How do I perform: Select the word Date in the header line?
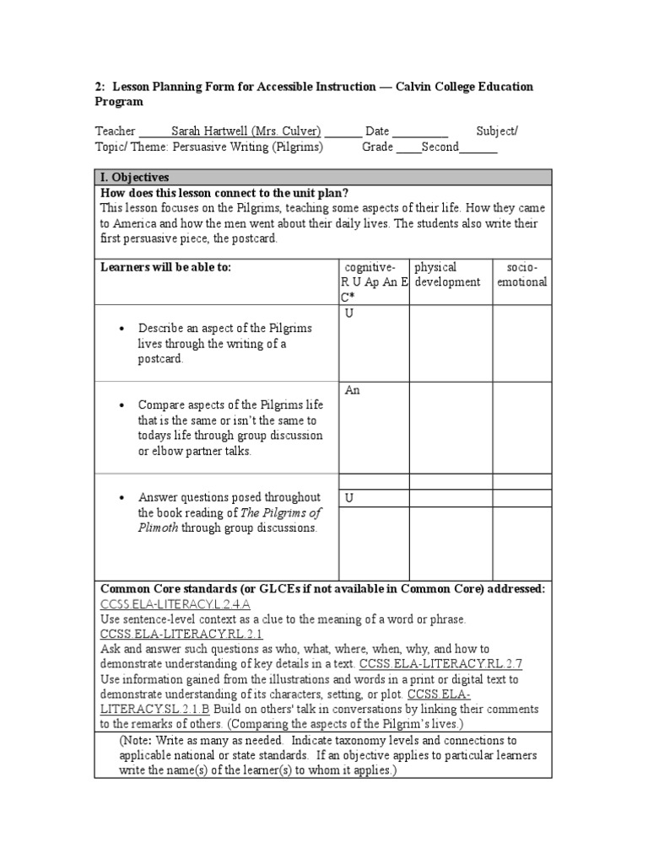point(376,131)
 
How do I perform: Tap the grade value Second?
point(440,147)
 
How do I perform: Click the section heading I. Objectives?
point(134,177)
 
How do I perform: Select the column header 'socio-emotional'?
point(521,275)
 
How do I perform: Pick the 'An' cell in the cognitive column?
point(351,390)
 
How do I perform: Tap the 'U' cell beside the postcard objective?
point(349,314)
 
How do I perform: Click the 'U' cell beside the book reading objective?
point(349,498)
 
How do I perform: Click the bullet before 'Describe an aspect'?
point(122,328)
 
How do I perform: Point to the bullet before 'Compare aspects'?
point(122,405)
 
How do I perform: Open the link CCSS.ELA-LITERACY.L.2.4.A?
point(175,604)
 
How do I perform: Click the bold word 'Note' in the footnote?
point(138,740)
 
